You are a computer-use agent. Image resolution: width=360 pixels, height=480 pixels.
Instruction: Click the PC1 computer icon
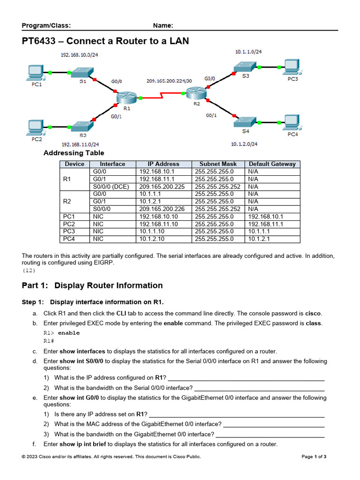[x=36, y=73]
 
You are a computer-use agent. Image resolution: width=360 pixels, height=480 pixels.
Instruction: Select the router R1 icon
[x=126, y=98]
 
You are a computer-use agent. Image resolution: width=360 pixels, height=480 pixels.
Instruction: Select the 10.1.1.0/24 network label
[x=249, y=52]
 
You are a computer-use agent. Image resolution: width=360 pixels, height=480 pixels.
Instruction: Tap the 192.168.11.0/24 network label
[x=80, y=144]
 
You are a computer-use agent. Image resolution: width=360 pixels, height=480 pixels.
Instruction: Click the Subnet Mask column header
[x=218, y=164]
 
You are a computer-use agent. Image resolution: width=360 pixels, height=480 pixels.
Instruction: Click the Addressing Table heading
[x=74, y=153]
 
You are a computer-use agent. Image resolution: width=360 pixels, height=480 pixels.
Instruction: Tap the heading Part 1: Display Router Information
[x=92, y=285]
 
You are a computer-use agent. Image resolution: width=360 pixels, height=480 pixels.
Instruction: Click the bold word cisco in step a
[x=313, y=313]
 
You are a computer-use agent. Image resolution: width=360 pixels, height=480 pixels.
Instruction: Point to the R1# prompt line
[x=49, y=341]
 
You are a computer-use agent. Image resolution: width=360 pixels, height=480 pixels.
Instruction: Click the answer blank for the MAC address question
[x=274, y=424]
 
